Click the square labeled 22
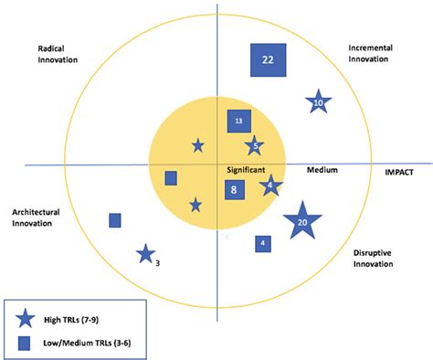pyautogui.click(x=269, y=60)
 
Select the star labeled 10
pyautogui.click(x=317, y=103)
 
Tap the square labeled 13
pyautogui.click(x=238, y=121)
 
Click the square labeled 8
pyautogui.click(x=235, y=190)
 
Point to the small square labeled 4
pyautogui.click(x=263, y=243)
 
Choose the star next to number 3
pyautogui.click(x=144, y=254)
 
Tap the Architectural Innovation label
pyautogui.click(x=37, y=218)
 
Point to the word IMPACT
pyautogui.click(x=399, y=170)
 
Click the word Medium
pyautogui.click(x=322, y=170)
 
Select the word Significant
pyautogui.click(x=246, y=170)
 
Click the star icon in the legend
pyautogui.click(x=27, y=319)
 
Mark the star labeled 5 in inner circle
pyautogui.click(x=254, y=145)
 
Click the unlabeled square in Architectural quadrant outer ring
pyautogui.click(x=115, y=220)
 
